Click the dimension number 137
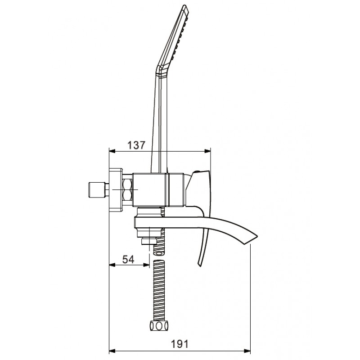[136, 145]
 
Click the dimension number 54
[128, 260]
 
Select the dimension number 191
[179, 344]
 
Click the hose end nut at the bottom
[159, 326]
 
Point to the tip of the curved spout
[257, 236]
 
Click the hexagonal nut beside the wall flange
[127, 189]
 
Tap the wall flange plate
[116, 189]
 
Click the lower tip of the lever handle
[200, 265]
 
